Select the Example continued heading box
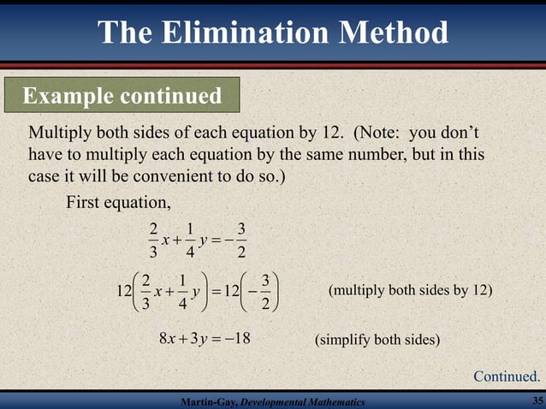tap(122, 95)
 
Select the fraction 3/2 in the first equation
tap(241, 240)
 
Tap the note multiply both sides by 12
tap(411, 291)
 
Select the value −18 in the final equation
tap(240, 340)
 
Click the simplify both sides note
tap(377, 341)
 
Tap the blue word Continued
tap(507, 376)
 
